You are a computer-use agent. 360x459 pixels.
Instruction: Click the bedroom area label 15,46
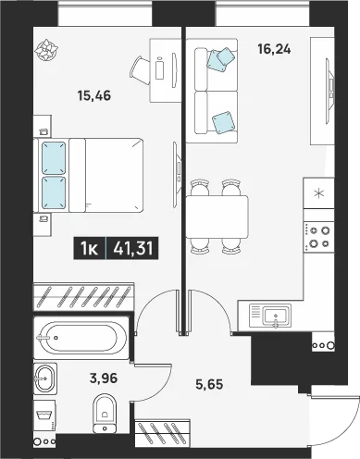coord(94,96)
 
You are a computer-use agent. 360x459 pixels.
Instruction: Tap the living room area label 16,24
coord(274,49)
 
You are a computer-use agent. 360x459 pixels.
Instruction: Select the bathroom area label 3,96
coord(104,378)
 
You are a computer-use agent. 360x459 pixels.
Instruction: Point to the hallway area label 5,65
coord(209,384)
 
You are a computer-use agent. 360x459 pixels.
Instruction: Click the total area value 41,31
coord(133,248)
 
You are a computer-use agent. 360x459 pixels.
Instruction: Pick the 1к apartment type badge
coord(90,248)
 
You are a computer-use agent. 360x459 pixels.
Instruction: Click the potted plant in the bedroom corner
coord(46,50)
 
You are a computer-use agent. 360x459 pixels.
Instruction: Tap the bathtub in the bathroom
coord(81,338)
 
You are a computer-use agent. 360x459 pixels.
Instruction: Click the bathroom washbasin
coord(45,378)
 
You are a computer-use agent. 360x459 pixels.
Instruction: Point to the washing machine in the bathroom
coord(44,416)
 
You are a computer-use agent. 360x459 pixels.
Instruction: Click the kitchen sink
coord(275,316)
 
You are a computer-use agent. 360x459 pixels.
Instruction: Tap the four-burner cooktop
coord(319,237)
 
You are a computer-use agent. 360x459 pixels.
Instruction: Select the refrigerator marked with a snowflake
coord(319,193)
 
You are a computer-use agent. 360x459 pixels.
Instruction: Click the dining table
coord(217,217)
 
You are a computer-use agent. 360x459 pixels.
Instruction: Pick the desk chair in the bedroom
coord(140,70)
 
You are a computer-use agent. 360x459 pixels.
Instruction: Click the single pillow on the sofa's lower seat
coord(223,123)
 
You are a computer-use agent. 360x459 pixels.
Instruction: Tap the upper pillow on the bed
coord(54,158)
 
